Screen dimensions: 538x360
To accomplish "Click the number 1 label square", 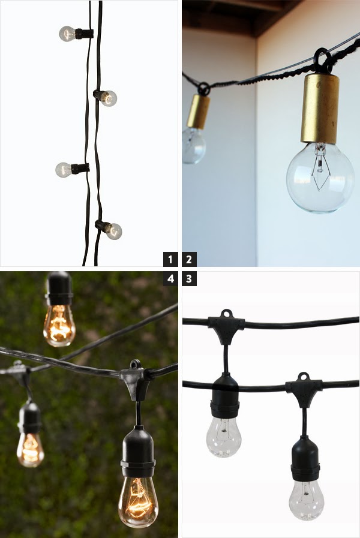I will click(x=171, y=260).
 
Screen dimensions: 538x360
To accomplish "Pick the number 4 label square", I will click(x=171, y=278).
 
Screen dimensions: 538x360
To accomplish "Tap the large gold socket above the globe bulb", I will click(x=320, y=108).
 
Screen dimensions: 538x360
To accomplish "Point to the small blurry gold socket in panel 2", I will click(x=198, y=112).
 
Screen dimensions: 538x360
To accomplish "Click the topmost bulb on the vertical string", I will click(x=67, y=34).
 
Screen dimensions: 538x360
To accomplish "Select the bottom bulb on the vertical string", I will click(x=113, y=231).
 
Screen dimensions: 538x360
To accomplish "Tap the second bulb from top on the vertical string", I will click(x=109, y=98).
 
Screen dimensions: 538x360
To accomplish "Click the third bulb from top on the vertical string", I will click(x=64, y=170).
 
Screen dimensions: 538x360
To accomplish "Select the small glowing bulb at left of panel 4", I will click(x=30, y=449).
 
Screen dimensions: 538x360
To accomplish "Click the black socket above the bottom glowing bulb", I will click(x=138, y=451).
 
